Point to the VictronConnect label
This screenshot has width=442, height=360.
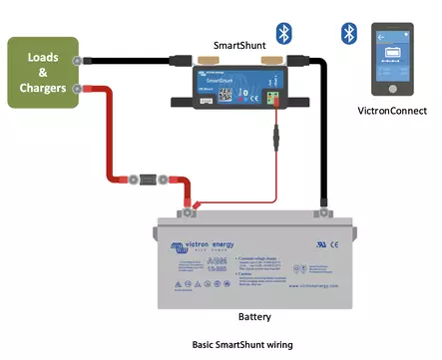point(392,111)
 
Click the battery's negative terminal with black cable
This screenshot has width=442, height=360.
point(321,210)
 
